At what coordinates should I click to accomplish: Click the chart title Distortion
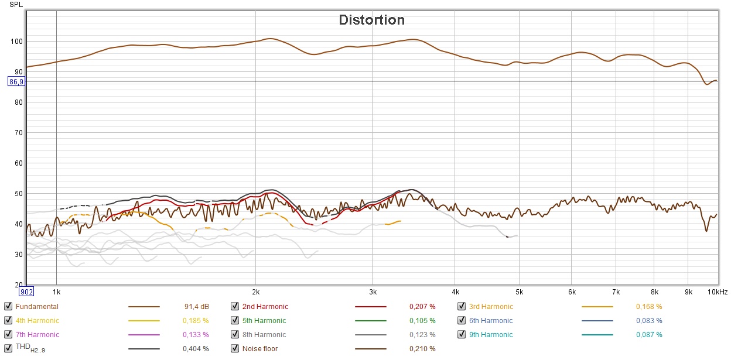371,20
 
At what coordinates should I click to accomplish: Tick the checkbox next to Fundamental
8,306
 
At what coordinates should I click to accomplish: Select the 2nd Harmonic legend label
265,306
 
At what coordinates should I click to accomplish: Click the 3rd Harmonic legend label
490,306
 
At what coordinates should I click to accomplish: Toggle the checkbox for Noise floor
234,348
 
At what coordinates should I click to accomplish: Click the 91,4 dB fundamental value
197,306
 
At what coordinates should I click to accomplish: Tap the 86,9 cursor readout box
16,81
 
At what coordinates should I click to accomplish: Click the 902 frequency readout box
27,292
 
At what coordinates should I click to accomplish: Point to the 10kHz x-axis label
717,291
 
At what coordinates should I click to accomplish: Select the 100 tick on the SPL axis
16,42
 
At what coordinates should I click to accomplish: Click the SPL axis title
16,5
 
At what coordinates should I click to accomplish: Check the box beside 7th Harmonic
8,334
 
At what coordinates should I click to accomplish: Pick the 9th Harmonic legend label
490,335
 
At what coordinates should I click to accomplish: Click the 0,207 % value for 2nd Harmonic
422,306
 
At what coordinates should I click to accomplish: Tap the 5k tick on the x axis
519,291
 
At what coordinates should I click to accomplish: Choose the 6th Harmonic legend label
490,320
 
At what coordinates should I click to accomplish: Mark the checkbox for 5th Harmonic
234,320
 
